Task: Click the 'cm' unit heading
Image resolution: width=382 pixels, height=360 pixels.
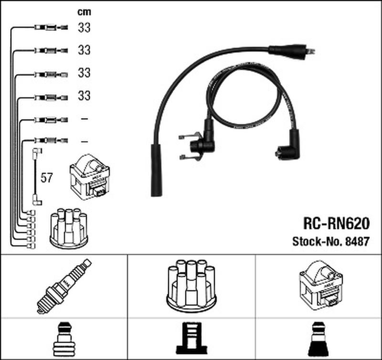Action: tap(84, 12)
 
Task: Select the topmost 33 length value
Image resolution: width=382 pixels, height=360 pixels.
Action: tap(84, 28)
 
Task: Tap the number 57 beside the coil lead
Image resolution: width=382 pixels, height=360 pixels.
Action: tap(46, 178)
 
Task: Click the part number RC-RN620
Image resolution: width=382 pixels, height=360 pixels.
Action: tap(336, 223)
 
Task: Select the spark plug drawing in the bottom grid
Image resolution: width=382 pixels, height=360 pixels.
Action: tap(64, 286)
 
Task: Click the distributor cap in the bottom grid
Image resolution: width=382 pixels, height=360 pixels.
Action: tap(191, 286)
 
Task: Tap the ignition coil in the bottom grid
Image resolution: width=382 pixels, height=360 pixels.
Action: tap(321, 286)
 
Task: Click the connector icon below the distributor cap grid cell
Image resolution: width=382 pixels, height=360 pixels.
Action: tap(191, 338)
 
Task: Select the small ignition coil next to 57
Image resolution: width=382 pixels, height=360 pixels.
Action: tap(90, 177)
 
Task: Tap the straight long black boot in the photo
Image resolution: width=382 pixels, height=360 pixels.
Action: tap(156, 170)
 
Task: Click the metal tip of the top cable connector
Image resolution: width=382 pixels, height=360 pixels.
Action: tap(310, 51)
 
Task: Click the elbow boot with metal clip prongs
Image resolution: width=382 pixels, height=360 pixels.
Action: tap(197, 143)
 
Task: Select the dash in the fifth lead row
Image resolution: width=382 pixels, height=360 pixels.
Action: tap(84, 119)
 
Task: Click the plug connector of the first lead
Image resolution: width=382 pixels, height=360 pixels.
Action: tap(51, 27)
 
